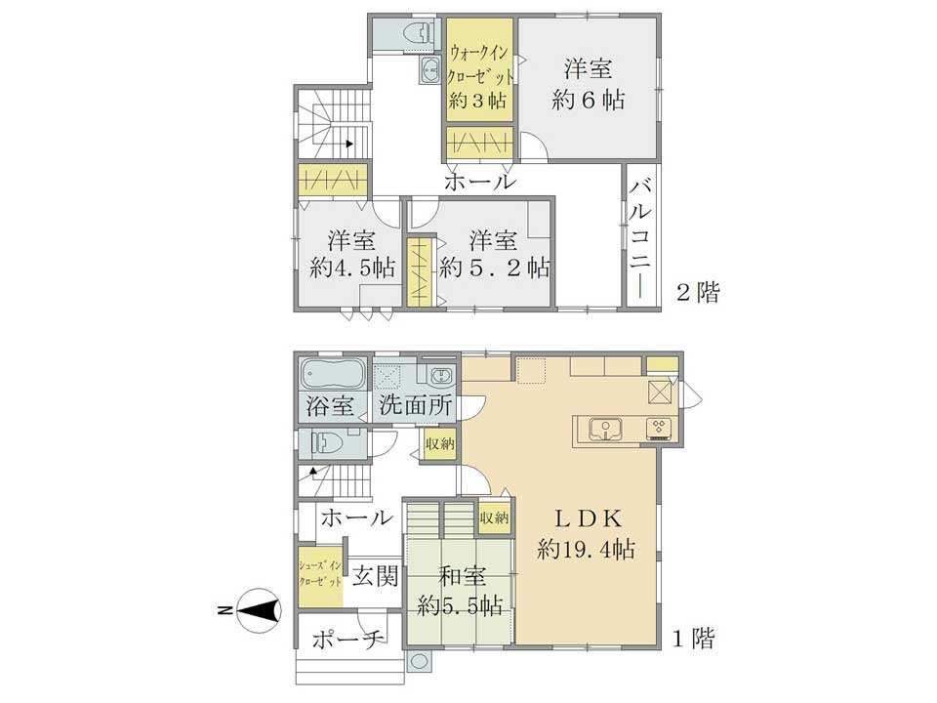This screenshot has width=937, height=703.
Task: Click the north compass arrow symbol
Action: click(x=259, y=610)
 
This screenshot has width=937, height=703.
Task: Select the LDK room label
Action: click(x=589, y=518)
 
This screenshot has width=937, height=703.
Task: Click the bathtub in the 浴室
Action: click(x=333, y=374)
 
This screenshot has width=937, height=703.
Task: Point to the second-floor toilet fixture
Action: click(x=418, y=32)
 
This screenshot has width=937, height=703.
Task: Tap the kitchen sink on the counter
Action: click(x=605, y=430)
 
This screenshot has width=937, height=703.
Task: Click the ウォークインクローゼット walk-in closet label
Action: click(x=480, y=65)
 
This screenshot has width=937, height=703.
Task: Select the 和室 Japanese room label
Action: click(x=463, y=577)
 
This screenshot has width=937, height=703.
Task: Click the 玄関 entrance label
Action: click(x=375, y=577)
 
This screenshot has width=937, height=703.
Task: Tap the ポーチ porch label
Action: click(x=347, y=641)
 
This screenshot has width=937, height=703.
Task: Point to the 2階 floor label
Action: click(x=698, y=292)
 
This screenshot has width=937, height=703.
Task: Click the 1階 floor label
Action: click(x=694, y=639)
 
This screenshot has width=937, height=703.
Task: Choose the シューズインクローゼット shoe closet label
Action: click(x=321, y=574)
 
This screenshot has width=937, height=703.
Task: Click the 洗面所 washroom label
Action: click(x=416, y=406)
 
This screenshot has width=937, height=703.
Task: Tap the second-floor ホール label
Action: click(x=479, y=182)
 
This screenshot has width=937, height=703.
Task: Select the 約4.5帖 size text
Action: click(x=352, y=268)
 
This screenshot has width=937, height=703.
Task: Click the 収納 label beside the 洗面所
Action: click(x=440, y=445)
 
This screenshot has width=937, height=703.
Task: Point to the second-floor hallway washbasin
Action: click(x=430, y=71)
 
